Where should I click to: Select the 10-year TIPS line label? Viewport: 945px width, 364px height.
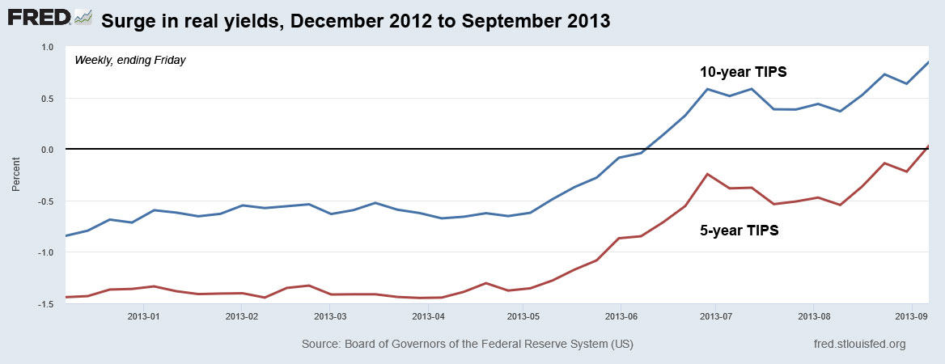(x=744, y=72)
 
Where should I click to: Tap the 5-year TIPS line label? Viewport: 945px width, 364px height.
(x=739, y=231)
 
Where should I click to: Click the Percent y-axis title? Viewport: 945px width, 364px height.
(x=16, y=175)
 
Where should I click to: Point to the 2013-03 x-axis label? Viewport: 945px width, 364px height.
(x=330, y=316)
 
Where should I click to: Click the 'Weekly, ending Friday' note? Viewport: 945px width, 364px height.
(x=130, y=60)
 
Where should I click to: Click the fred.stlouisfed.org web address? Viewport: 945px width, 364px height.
(x=858, y=345)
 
